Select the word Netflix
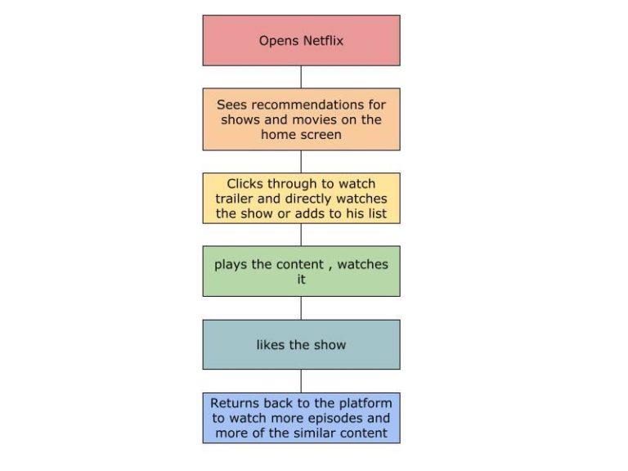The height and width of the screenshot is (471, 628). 322,40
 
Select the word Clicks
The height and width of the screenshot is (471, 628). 246,184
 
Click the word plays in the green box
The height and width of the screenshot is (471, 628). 231,264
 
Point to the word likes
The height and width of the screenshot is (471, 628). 271,344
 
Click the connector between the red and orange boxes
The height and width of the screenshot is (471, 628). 301,77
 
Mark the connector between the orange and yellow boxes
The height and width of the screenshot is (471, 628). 301,161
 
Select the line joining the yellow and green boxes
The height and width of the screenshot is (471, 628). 301,235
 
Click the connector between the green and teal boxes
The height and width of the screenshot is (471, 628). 301,307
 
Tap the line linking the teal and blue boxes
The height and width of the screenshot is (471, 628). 301,381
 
